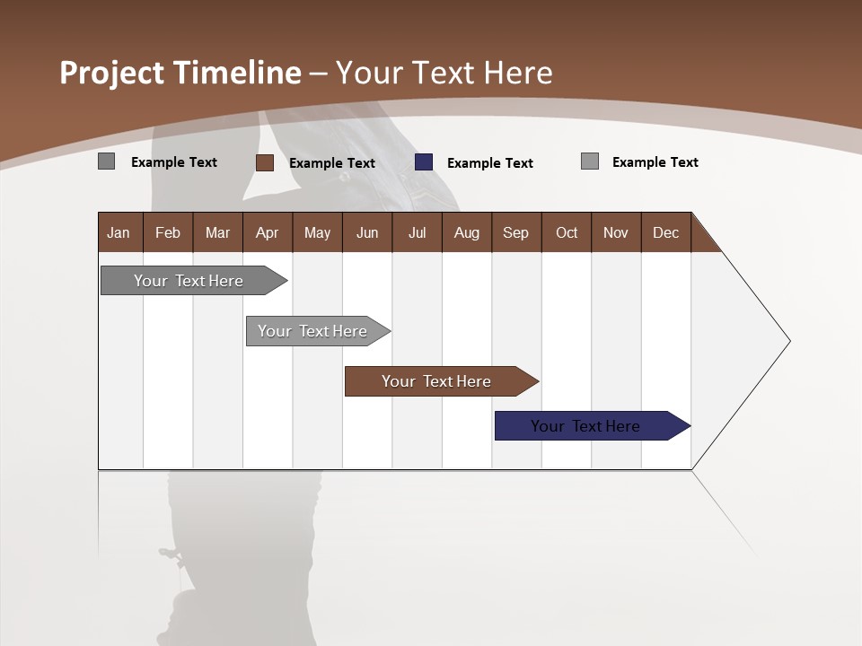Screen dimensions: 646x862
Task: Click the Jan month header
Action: (119, 232)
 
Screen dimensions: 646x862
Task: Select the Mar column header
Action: (217, 232)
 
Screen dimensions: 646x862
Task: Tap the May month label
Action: (317, 232)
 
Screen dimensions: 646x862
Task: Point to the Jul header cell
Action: (417, 232)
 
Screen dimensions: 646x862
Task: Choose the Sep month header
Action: (515, 232)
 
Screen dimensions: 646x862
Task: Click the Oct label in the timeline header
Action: (567, 232)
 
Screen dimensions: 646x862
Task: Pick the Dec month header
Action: (665, 232)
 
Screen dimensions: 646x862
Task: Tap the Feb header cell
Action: (168, 232)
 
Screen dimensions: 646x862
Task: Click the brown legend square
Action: (264, 162)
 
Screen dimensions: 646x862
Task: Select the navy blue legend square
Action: (424, 162)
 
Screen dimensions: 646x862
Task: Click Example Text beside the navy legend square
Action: (489, 163)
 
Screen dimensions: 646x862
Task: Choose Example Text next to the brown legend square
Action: (331, 163)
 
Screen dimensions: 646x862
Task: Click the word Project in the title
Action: (112, 73)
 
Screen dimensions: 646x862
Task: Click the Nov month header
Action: (616, 232)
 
